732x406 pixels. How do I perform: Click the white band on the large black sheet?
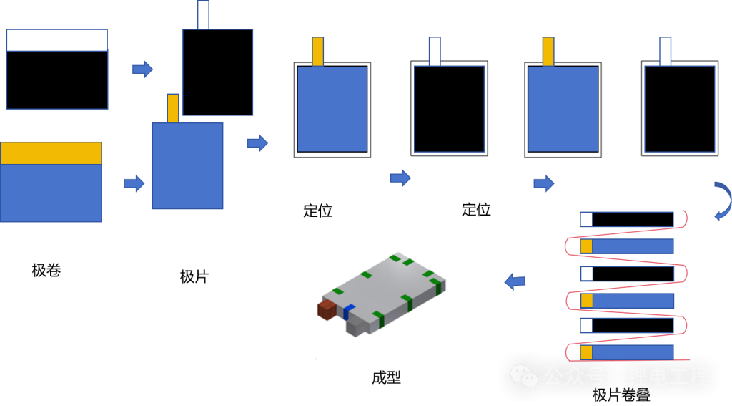[x=57, y=40]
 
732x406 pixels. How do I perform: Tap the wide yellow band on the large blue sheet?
[x=51, y=153]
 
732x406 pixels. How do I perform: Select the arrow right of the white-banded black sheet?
[x=143, y=69]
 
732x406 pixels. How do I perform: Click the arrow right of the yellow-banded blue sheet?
[x=134, y=184]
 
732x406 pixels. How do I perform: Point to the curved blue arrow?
[x=723, y=200]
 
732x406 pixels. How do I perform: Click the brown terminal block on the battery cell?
[x=327, y=309]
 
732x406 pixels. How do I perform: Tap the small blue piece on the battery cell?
[x=349, y=311]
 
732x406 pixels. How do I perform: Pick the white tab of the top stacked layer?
[x=586, y=219]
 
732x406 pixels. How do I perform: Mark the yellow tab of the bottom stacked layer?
[x=586, y=352]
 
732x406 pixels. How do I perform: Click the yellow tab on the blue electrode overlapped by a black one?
[x=173, y=107]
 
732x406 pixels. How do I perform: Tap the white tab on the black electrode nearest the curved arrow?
[x=665, y=51]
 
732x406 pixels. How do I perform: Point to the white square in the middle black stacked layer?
[x=586, y=274]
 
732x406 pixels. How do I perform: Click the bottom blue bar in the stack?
[x=633, y=352]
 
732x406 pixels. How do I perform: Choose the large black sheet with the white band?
[x=57, y=79]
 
